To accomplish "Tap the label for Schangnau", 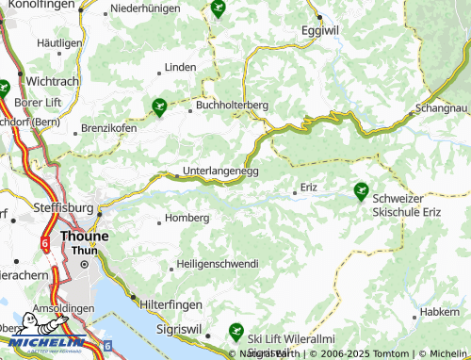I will tap(440, 109).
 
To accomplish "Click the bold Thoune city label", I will tap(84, 237).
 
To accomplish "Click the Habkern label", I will tap(441, 311).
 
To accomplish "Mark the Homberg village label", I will tap(187, 218).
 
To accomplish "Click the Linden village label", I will tap(180, 68).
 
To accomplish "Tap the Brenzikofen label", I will tap(110, 127).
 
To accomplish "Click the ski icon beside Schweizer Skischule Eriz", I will tap(360, 191).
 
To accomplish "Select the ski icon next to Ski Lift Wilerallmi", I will tap(235, 331).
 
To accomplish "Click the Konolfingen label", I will tap(41, 5).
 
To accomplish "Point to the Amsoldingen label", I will tap(63, 308).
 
